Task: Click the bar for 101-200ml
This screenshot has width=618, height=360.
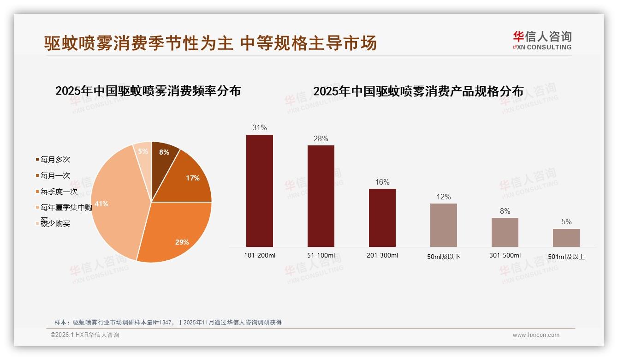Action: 259,191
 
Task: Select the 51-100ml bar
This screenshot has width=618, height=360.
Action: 321,196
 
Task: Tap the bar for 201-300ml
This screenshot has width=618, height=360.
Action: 382,217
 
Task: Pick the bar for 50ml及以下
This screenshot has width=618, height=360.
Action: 443,225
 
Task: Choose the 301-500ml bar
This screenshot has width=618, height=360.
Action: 505,232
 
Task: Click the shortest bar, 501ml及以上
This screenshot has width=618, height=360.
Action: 566,238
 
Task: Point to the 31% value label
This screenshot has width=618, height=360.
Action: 259,128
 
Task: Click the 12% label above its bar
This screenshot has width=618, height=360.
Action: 443,197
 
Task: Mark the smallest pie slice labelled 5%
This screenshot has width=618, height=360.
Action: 143,151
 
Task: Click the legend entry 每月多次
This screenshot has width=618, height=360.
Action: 55,160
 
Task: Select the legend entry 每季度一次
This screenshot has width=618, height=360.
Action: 59,192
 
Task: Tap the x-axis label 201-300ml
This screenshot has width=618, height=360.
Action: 382,256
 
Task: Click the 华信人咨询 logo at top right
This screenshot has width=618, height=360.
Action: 542,41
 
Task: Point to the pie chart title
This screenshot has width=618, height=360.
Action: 148,91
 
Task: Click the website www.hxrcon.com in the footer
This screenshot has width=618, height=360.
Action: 536,335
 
